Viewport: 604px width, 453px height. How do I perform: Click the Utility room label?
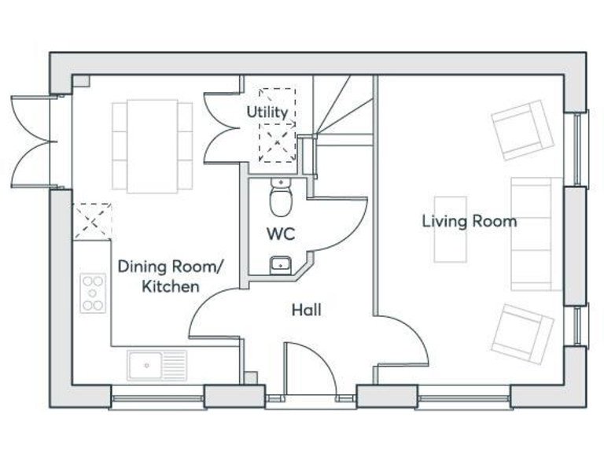267,112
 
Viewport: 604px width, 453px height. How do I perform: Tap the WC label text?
280,234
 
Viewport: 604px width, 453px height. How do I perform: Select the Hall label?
307,310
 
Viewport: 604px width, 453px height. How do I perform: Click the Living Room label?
470,221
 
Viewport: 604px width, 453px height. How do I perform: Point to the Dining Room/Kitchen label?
170,276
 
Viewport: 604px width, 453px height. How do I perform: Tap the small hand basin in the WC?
279,264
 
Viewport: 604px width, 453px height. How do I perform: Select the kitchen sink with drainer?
157,365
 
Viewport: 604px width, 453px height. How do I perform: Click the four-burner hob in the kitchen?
93,293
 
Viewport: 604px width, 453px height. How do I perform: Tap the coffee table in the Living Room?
451,229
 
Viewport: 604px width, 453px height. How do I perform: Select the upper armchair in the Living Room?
520,129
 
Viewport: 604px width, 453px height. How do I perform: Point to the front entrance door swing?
311,370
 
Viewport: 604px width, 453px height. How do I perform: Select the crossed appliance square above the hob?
92,221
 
